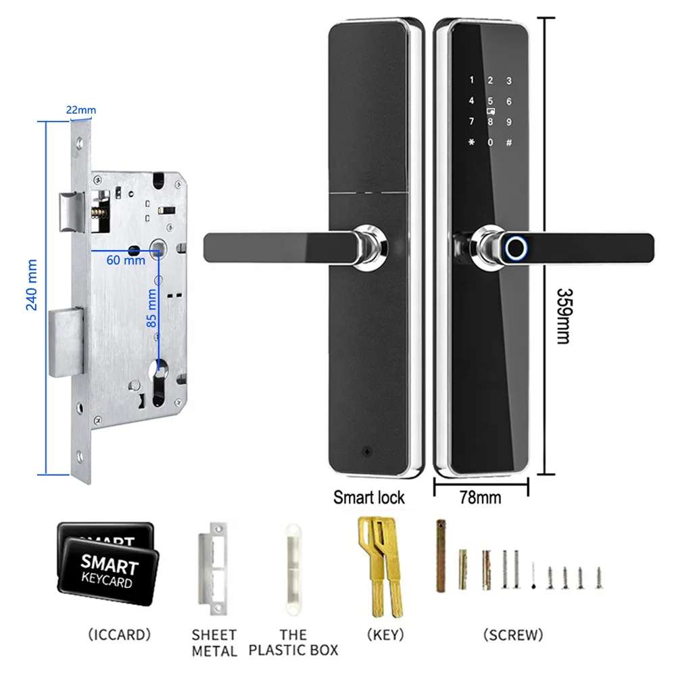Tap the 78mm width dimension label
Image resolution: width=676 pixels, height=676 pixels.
(480, 498)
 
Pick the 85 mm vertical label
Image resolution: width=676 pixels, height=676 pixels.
(153, 308)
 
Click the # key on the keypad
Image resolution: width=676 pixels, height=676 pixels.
(509, 143)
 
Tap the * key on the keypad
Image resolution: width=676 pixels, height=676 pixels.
(471, 143)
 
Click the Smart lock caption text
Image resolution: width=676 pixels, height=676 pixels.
(368, 498)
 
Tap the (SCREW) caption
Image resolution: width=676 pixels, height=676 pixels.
(513, 635)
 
